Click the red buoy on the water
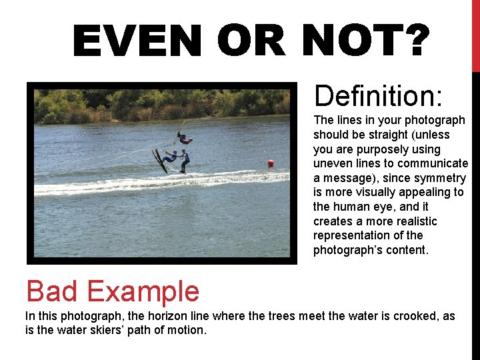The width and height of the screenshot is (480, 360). click(271, 163)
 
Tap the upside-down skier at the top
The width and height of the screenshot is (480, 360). click(183, 139)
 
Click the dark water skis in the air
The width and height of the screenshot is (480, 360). click(159, 160)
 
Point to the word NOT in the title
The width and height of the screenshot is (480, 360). click(343, 41)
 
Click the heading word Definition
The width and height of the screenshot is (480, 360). click(378, 96)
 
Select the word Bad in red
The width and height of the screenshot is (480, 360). click(55, 291)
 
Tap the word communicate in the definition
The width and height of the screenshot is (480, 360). click(433, 163)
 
